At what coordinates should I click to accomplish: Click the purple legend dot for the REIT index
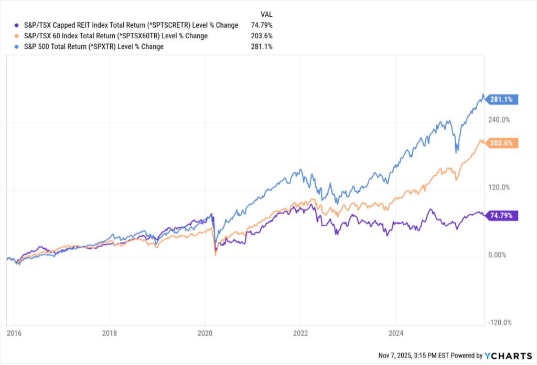click(x=17, y=25)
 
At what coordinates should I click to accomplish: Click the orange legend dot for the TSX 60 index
click(x=17, y=36)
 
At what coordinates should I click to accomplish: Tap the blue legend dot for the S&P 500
click(x=17, y=47)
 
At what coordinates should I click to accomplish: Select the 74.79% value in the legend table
click(x=262, y=25)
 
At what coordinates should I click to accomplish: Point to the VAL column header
click(x=266, y=14)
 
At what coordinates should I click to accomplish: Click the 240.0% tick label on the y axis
click(x=499, y=120)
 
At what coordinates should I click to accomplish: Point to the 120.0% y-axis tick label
click(x=499, y=187)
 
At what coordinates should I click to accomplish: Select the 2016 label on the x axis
click(x=13, y=333)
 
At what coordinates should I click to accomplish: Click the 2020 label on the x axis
click(x=205, y=333)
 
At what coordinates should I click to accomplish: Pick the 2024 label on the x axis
click(x=396, y=333)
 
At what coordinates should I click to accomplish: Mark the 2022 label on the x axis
click(x=300, y=333)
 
